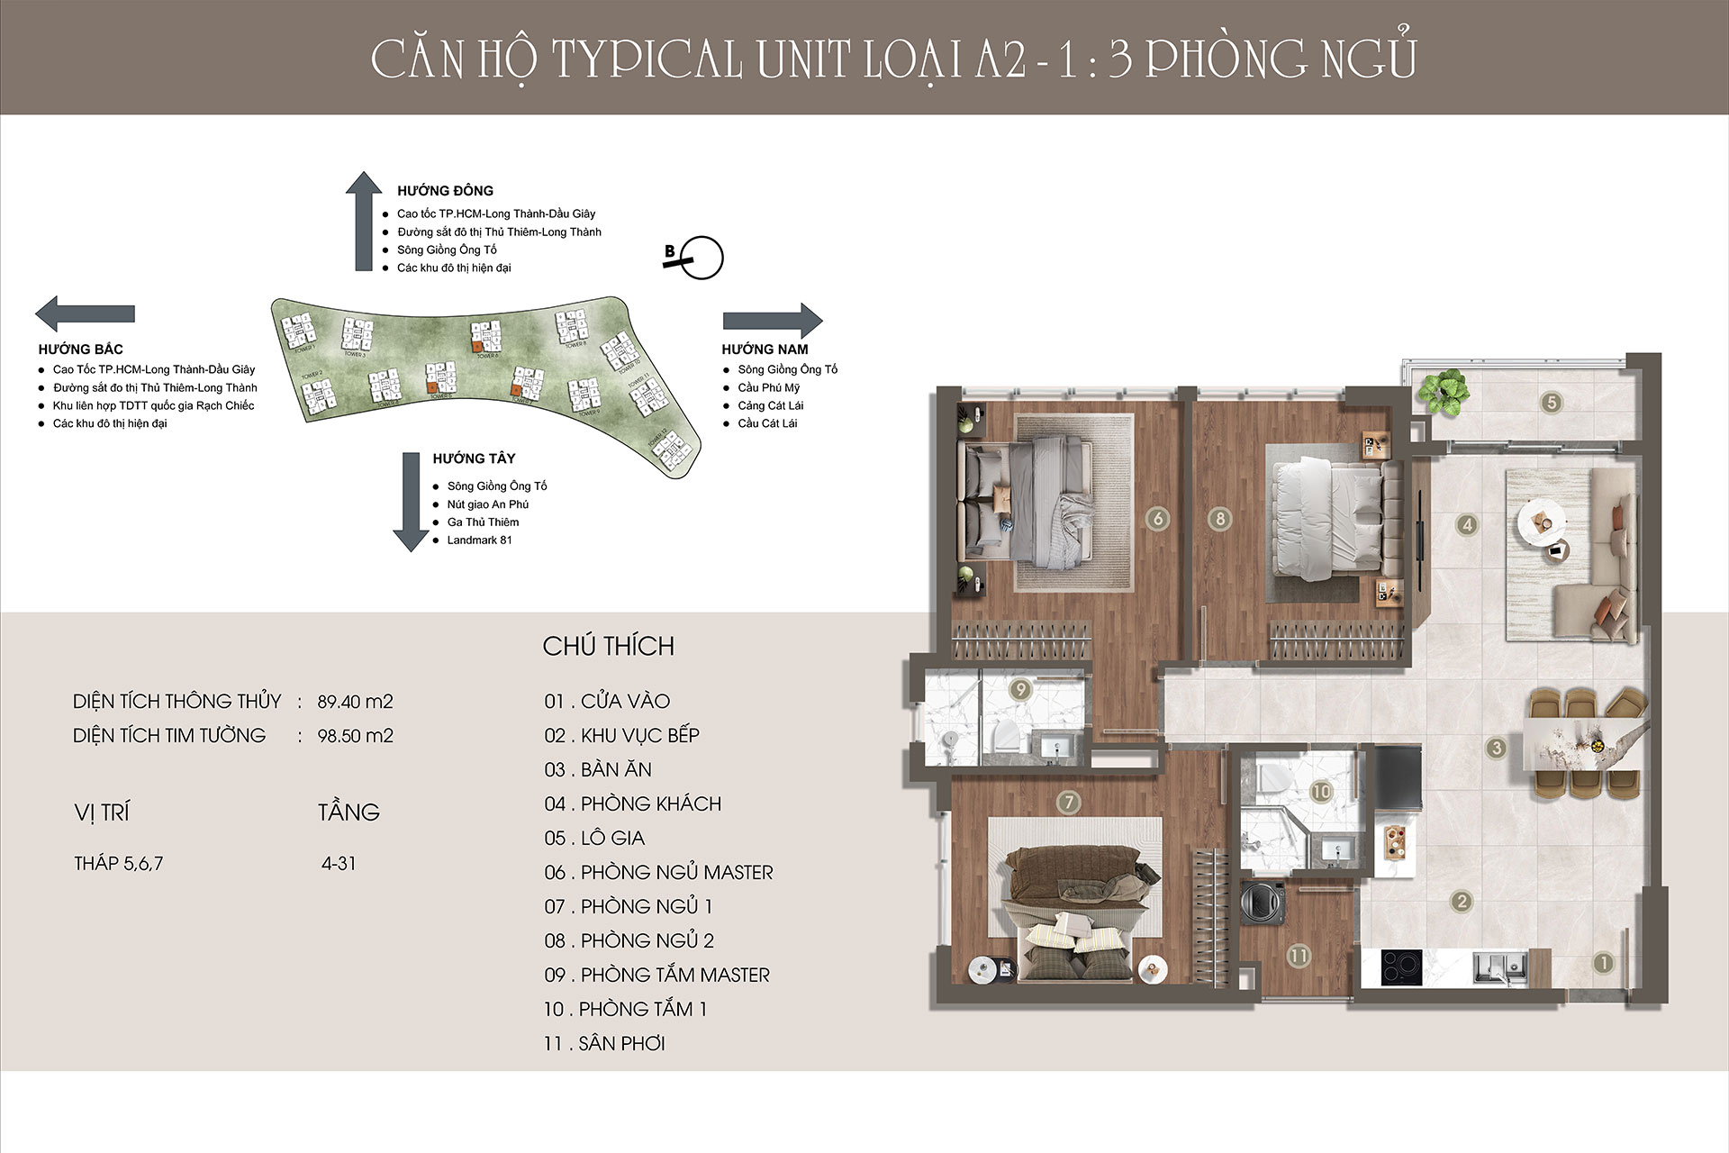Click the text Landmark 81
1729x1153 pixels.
click(479, 540)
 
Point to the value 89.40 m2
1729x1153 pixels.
click(355, 702)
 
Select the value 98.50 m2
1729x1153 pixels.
click(355, 736)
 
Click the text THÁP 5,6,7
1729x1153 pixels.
click(119, 864)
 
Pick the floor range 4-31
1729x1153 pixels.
click(339, 864)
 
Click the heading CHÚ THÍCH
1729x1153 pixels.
click(608, 646)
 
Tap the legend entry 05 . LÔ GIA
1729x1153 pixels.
click(594, 839)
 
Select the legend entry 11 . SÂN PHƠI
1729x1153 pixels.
click(604, 1044)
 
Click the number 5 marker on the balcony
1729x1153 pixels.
click(1551, 403)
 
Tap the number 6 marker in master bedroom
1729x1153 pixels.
click(1158, 518)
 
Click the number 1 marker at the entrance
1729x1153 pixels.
click(1603, 963)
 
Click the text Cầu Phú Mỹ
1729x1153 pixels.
click(768, 388)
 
